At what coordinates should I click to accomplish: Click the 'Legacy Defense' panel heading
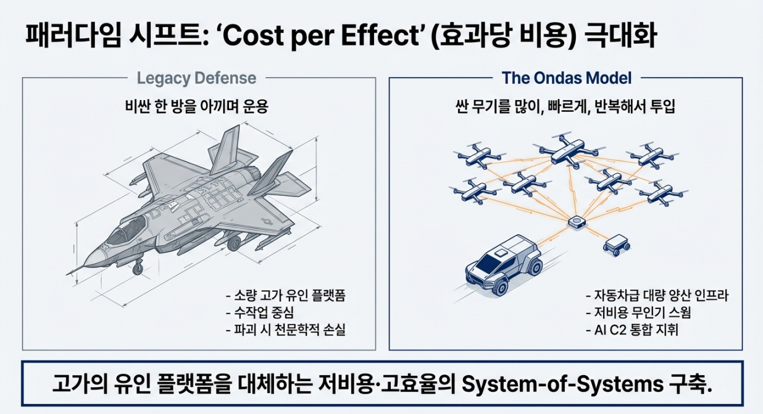coord(196,78)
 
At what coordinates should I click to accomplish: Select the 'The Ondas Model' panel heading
coord(566,78)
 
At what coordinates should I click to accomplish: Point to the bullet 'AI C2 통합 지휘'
coord(632,330)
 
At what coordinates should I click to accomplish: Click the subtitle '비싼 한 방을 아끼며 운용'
coord(196,106)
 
